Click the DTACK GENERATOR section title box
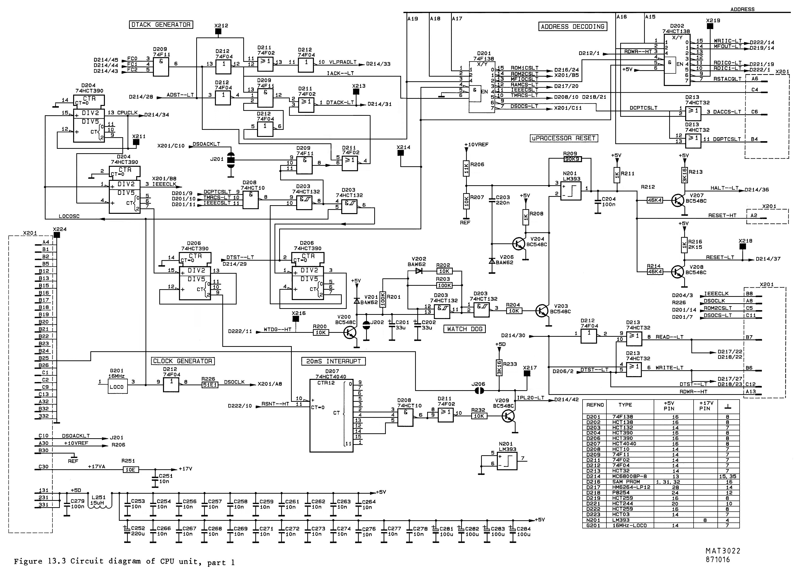tap(161, 25)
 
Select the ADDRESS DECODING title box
tap(572, 26)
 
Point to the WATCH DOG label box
tap(465, 329)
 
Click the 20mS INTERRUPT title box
tap(333, 361)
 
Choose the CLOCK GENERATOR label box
tap(182, 361)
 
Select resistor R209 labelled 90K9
tap(572, 159)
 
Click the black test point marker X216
tap(296, 319)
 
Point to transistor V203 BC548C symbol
tap(542, 311)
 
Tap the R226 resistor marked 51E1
tap(210, 385)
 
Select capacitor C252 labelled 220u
tap(127, 531)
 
